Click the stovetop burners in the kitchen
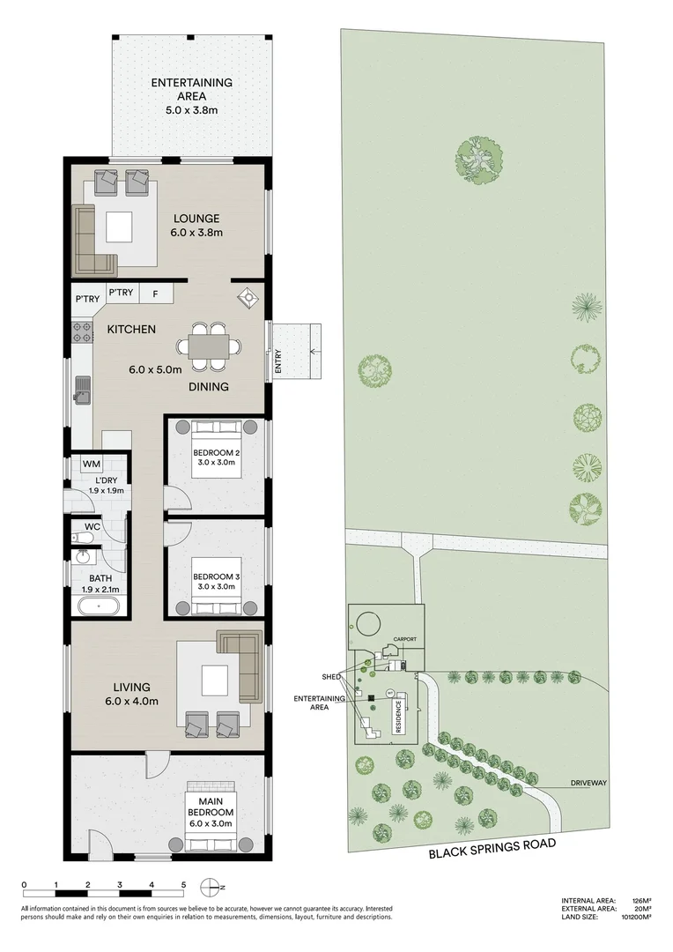coord(82,333)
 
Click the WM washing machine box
coord(92,464)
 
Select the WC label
coord(92,528)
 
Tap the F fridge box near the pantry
coord(155,294)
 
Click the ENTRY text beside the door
coord(278,363)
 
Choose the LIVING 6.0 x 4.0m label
coord(131,694)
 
